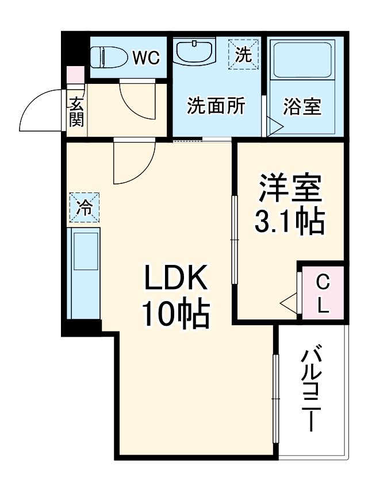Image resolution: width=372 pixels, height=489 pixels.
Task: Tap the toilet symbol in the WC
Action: click(111, 57)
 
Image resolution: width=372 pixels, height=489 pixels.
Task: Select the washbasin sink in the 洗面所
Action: click(196, 53)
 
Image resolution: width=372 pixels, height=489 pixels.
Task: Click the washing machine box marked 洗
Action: click(243, 53)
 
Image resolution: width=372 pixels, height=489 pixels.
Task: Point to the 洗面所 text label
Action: click(216, 106)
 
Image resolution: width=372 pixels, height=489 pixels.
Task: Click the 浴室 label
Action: click(302, 106)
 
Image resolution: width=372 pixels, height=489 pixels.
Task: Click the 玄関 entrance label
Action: click(76, 111)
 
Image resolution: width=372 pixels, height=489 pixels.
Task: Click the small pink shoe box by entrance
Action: click(75, 75)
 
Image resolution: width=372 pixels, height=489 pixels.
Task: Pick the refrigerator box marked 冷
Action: click(85, 207)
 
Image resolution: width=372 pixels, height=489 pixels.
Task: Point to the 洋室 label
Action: click(290, 190)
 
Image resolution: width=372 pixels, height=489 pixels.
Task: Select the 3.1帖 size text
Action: click(290, 221)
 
